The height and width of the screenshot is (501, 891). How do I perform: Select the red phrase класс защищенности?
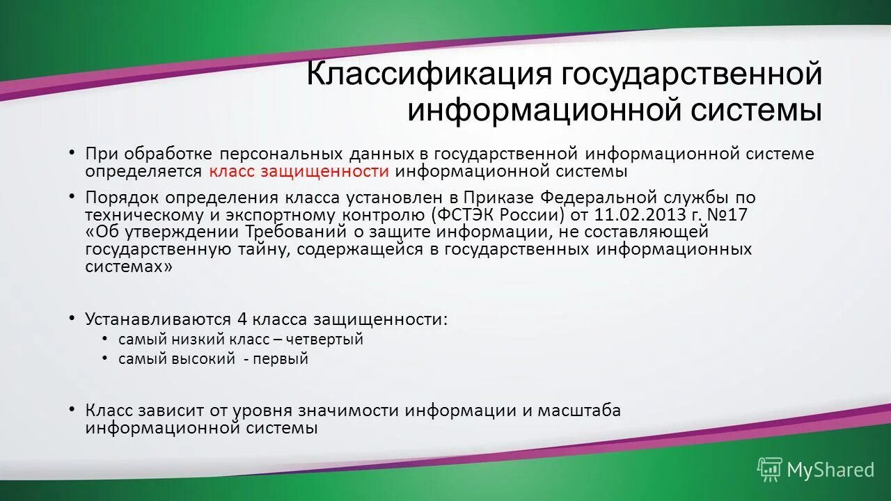[298, 171]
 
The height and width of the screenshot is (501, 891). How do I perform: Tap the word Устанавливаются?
[158, 319]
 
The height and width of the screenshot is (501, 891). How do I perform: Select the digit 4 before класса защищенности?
[242, 319]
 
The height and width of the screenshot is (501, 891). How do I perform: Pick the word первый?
[281, 359]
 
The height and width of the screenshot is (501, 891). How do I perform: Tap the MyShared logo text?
[830, 470]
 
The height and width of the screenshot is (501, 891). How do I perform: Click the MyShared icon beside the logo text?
[769, 470]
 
